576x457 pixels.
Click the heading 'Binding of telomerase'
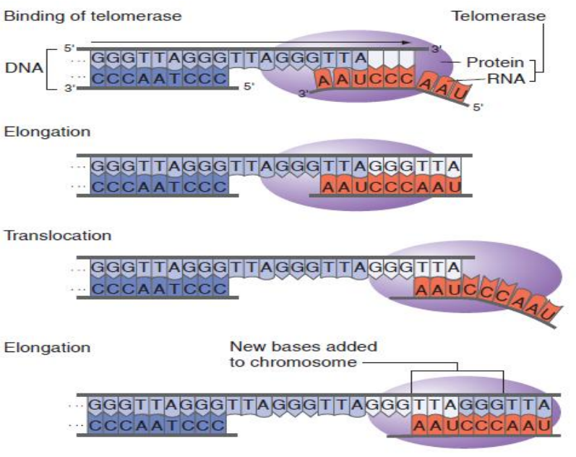click(x=93, y=15)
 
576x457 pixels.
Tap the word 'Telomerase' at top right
click(x=499, y=15)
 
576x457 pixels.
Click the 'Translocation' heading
click(x=58, y=236)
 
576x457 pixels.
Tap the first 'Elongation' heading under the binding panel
click(x=47, y=132)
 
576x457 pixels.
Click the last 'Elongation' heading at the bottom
click(x=47, y=347)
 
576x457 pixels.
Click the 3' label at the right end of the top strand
click(x=436, y=49)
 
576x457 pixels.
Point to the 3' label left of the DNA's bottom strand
click(x=69, y=87)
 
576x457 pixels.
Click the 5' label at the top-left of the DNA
click(x=69, y=48)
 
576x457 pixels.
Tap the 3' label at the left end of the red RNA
click(x=302, y=93)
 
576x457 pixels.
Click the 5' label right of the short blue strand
click(x=249, y=86)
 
